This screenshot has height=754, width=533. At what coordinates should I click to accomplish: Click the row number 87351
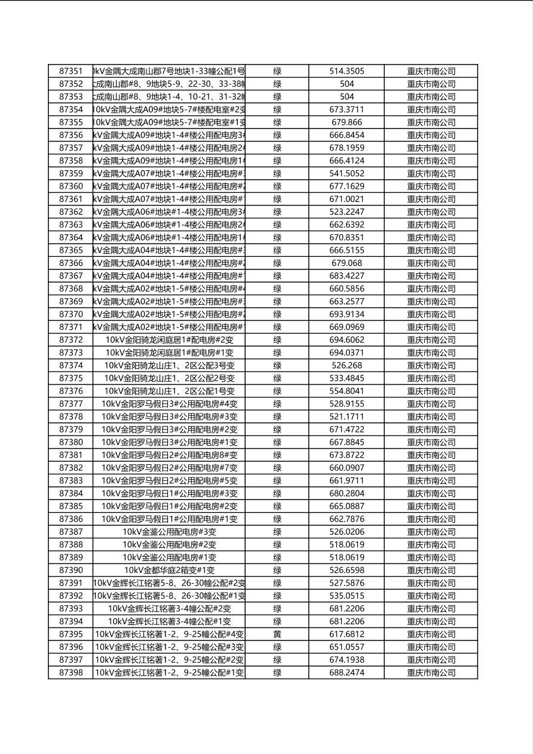pos(71,71)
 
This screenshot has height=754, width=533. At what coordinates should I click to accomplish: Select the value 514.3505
pos(347,71)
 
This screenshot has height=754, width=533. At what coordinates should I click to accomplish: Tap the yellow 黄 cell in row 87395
pos(277,634)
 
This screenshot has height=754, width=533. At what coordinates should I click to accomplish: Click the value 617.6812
pos(347,634)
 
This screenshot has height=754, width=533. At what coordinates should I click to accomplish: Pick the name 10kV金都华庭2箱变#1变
pos(170,570)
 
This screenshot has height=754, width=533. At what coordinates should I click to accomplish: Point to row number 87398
pos(71,673)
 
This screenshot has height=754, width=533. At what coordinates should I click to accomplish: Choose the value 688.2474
pos(347,673)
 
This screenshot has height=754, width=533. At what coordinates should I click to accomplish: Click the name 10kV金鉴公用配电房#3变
pos(170,532)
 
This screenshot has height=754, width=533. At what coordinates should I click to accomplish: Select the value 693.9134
pos(347,314)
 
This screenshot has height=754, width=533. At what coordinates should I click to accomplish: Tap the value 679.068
pos(347,263)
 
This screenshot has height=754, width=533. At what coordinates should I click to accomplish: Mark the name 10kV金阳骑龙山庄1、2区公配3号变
pos(170,366)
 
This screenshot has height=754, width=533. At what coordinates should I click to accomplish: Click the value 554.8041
pos(347,391)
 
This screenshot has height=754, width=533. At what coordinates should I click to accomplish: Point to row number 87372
pos(71,340)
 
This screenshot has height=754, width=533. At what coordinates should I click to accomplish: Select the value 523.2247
pos(347,212)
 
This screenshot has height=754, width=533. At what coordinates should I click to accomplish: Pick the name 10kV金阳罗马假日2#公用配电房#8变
pos(170,455)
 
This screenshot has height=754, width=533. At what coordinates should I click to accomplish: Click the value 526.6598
pos(347,570)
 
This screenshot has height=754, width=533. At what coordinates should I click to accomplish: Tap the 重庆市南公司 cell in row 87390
pos(431,570)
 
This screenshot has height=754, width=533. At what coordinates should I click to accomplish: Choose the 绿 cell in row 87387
pos(277,532)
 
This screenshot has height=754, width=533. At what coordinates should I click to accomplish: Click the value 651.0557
pos(347,647)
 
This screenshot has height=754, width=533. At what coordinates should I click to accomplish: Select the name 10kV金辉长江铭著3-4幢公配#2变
pos(170,609)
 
